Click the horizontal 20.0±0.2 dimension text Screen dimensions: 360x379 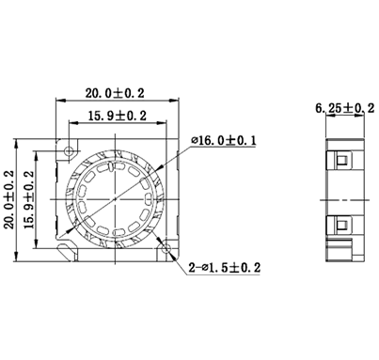click(116, 94)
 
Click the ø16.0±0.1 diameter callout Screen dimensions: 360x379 click(226, 140)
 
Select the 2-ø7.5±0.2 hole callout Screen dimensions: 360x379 click(225, 268)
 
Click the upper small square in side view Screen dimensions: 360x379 click(340, 162)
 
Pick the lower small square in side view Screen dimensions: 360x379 click(340, 226)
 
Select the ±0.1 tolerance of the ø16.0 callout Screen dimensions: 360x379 click(245, 140)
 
